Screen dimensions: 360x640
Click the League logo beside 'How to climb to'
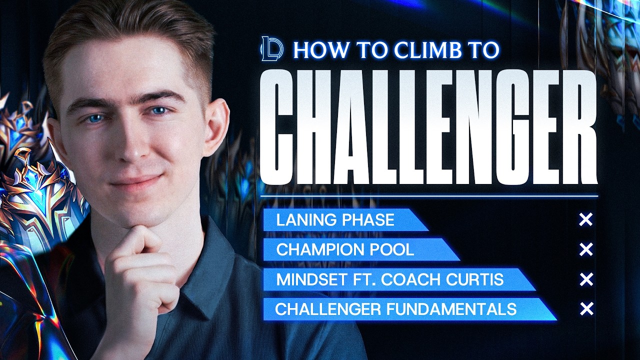[271, 49]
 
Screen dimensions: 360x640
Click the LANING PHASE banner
[340, 220]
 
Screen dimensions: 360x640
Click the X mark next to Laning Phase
[585, 219]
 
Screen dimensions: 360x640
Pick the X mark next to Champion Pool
[585, 249]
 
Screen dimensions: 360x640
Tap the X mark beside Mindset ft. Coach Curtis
[585, 279]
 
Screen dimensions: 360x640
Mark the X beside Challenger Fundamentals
[585, 309]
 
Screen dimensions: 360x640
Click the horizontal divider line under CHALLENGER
[428, 196]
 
